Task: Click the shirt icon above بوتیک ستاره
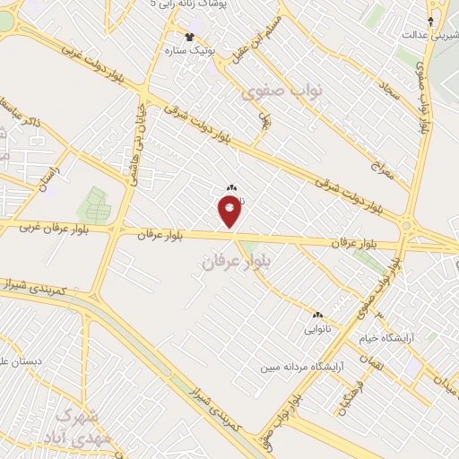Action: click(x=189, y=37)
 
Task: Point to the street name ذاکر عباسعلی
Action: click(x=42, y=126)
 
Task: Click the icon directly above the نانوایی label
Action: click(x=316, y=316)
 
